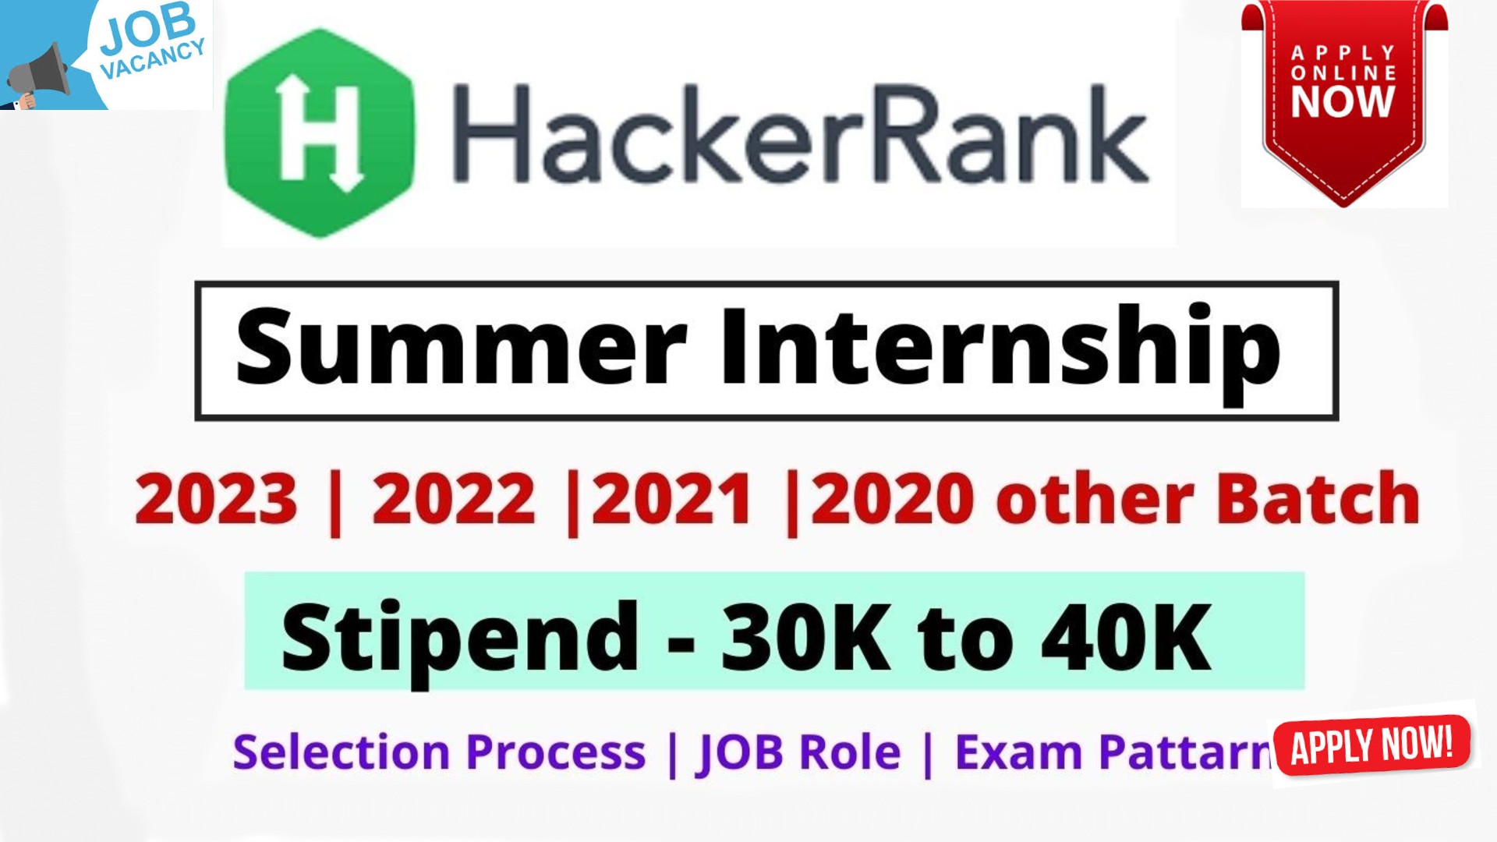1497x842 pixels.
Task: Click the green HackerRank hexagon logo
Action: pyautogui.click(x=319, y=133)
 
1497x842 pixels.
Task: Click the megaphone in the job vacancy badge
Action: pyautogui.click(x=39, y=74)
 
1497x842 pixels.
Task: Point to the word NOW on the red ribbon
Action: pyautogui.click(x=1343, y=101)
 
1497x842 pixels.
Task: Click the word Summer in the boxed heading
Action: pyautogui.click(x=461, y=347)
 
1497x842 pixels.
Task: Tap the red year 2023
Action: pyautogui.click(x=216, y=499)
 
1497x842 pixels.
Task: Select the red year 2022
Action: pyautogui.click(x=454, y=499)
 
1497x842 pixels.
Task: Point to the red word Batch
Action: pyautogui.click(x=1318, y=499)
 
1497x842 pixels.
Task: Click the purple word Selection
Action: pyautogui.click(x=342, y=752)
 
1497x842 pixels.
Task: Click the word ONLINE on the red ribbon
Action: pyautogui.click(x=1343, y=73)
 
